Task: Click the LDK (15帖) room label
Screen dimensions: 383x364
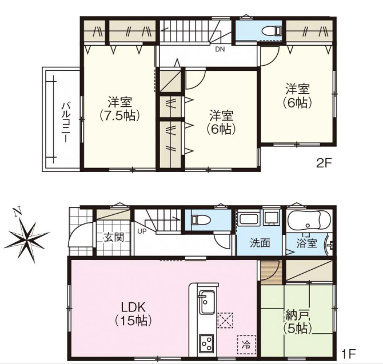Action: (x=133, y=314)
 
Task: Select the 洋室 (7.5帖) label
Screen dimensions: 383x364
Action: (x=120, y=109)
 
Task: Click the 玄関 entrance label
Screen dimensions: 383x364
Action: (x=114, y=237)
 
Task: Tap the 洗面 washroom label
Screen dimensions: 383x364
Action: (x=260, y=243)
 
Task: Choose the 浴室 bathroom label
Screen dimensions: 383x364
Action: (x=307, y=243)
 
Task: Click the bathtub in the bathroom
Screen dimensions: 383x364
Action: (x=309, y=220)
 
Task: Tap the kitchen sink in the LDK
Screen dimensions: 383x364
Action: (x=207, y=302)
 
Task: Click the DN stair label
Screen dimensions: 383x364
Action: (x=220, y=49)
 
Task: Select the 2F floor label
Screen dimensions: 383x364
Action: (x=324, y=163)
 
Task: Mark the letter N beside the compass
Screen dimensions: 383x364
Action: (x=17, y=213)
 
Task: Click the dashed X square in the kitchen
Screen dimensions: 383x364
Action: (x=225, y=320)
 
